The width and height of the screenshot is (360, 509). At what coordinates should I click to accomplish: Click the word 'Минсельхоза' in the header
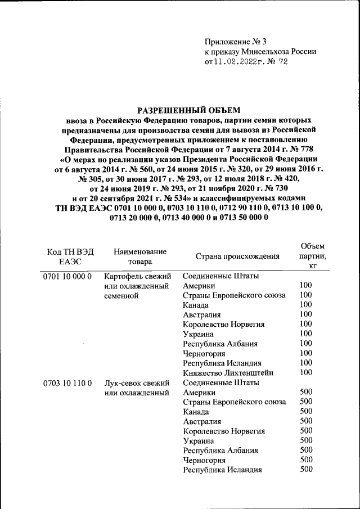[x=265, y=51]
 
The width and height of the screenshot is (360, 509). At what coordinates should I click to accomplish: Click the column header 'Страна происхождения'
[x=237, y=256]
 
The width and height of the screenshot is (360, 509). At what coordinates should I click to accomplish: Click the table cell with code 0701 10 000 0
[x=67, y=276]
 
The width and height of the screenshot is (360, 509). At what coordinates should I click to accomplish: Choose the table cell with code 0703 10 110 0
[x=67, y=383]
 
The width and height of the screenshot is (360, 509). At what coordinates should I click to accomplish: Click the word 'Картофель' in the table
[x=123, y=276]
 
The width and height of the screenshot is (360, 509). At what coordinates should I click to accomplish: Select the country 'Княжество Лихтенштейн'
[x=228, y=372]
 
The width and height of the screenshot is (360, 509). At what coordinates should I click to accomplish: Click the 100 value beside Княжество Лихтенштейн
[x=306, y=372]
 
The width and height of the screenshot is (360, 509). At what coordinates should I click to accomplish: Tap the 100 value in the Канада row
[x=306, y=304]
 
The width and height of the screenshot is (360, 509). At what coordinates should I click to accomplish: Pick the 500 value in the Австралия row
[x=306, y=421]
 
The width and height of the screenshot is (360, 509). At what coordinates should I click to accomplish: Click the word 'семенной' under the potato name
[x=121, y=295]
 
